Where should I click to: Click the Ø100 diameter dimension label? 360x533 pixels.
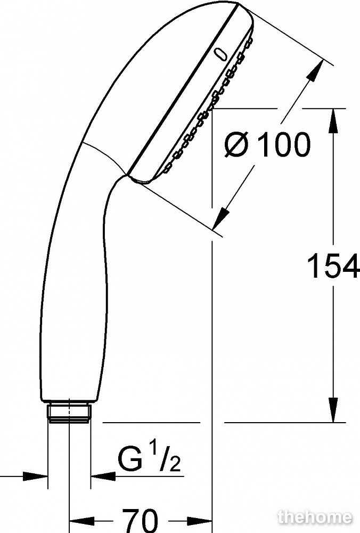pyautogui.click(x=267, y=144)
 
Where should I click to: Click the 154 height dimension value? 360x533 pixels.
pyautogui.click(x=333, y=265)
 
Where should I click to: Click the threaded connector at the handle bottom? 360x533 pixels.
pyautogui.click(x=69, y=413)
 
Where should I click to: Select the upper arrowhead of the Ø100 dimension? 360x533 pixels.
pyautogui.click(x=316, y=70)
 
